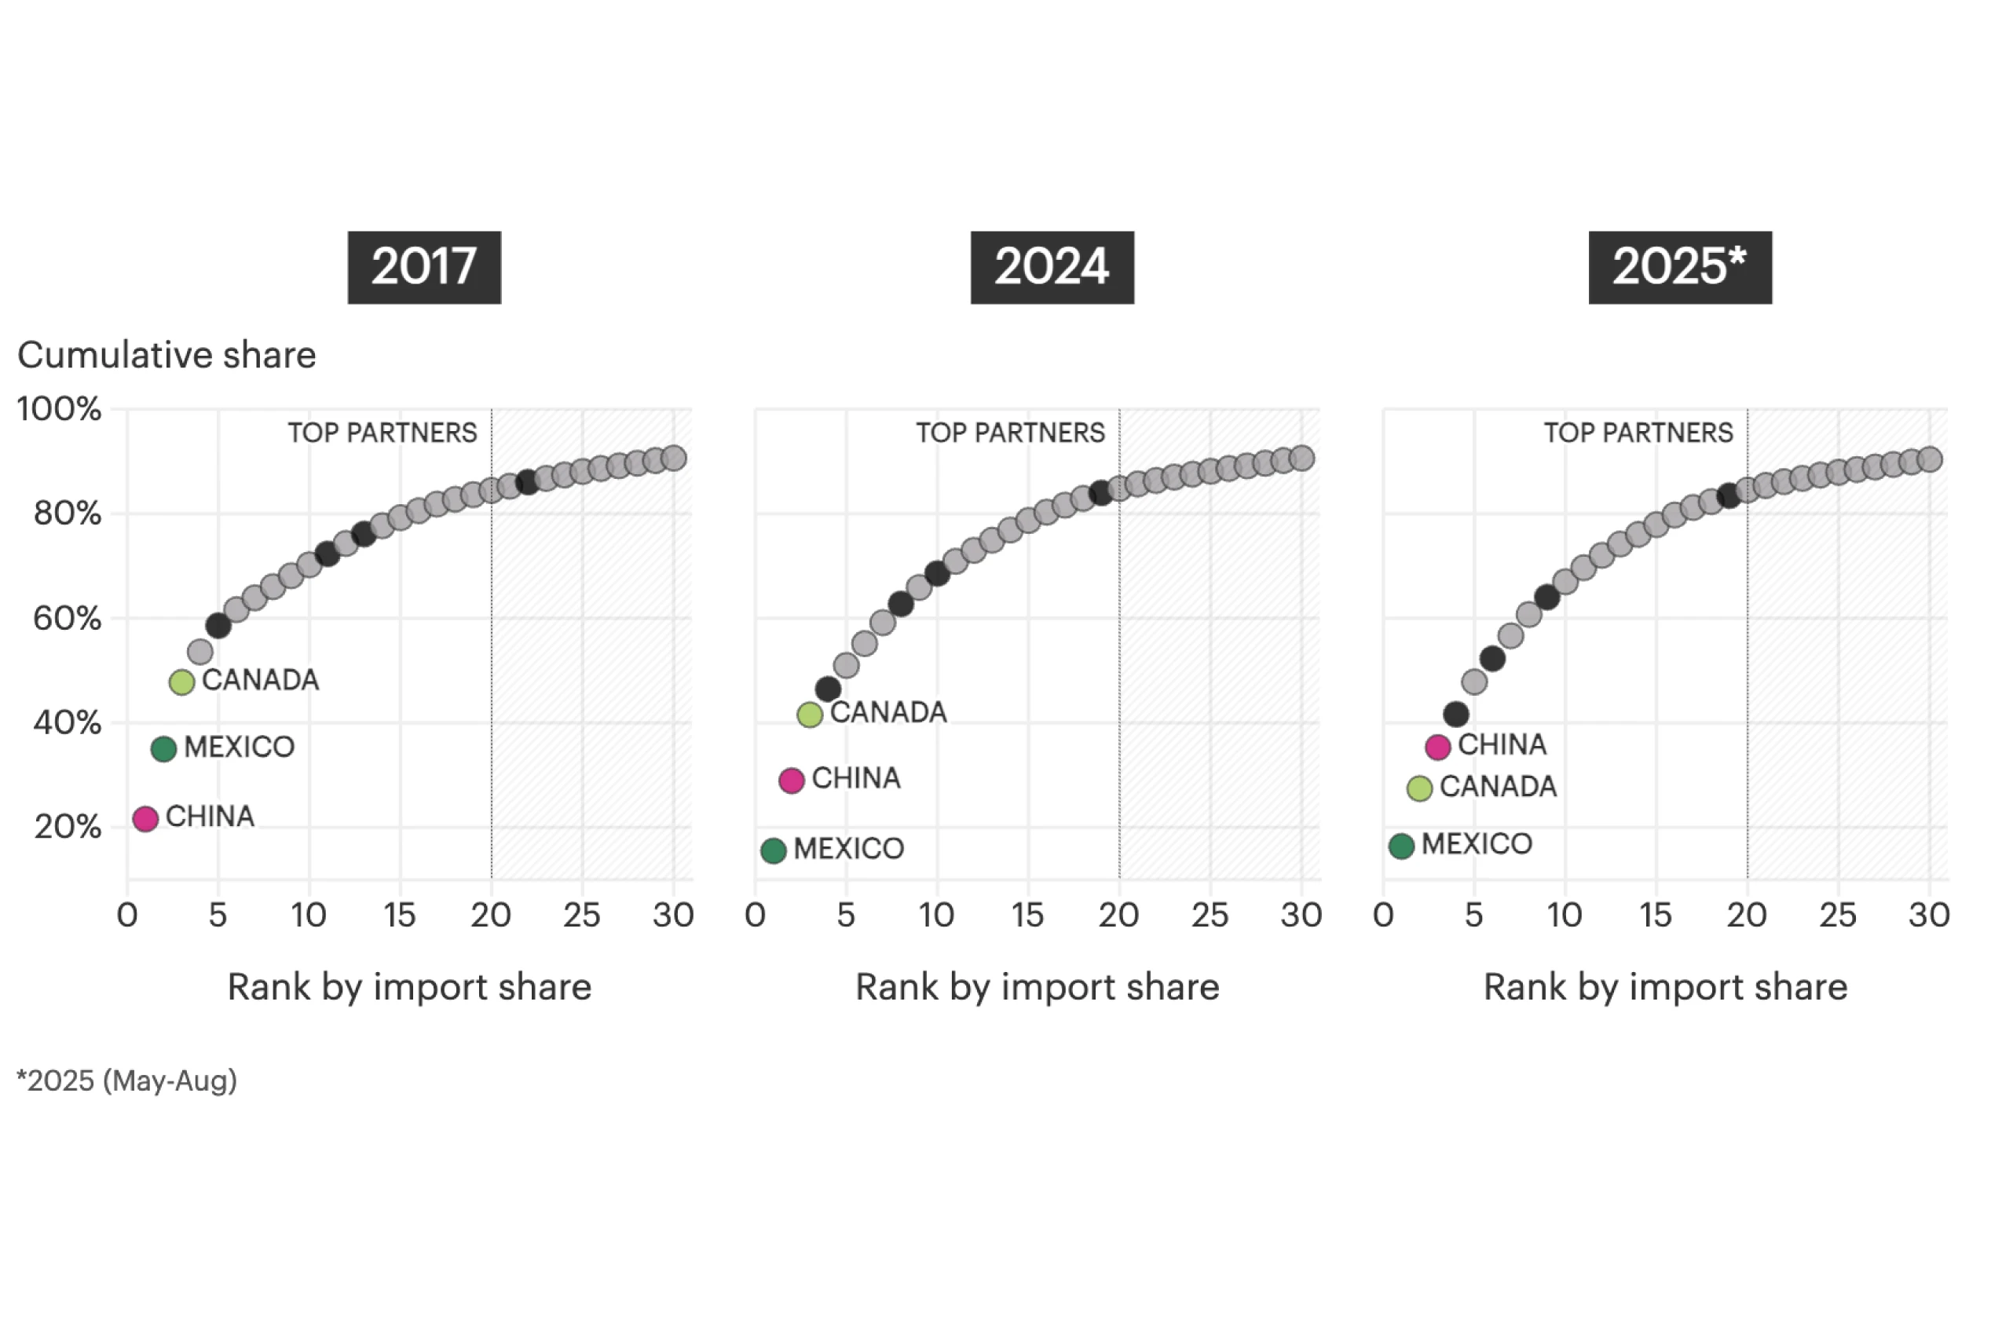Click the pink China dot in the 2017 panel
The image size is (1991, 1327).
[145, 818]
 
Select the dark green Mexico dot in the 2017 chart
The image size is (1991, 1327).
[163, 748]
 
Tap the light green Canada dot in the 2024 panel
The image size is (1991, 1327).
[809, 715]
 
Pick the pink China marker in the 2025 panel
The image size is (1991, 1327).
[1437, 747]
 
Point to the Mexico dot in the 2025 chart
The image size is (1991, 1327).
[1401, 846]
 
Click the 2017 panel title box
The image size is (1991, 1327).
[424, 268]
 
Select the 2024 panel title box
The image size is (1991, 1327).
[1052, 268]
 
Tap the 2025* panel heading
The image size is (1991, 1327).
[1679, 268]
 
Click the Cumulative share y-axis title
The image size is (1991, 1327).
[167, 355]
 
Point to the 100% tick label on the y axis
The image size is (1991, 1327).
[59, 410]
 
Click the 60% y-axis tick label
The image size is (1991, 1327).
[67, 619]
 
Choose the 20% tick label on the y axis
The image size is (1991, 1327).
[67, 827]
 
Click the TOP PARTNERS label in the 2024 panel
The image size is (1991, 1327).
[1010, 433]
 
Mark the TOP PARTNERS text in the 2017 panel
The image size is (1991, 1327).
[382, 433]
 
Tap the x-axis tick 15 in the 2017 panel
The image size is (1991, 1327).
[400, 915]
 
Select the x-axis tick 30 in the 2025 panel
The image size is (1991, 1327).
[1928, 915]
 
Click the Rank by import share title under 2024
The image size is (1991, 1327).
[1037, 987]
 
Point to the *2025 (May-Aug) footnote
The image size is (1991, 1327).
[127, 1080]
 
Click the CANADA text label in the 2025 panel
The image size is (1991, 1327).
[1498, 787]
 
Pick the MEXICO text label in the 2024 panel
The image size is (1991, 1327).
[848, 849]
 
